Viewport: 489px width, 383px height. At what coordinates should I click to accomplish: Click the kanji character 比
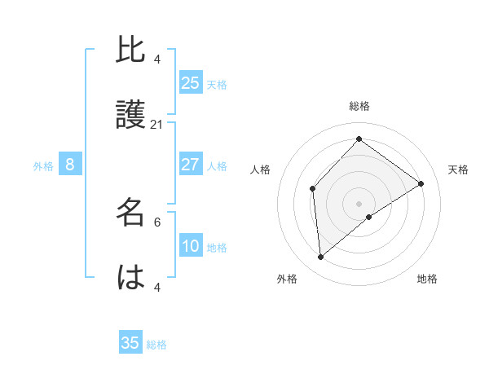click(x=130, y=51)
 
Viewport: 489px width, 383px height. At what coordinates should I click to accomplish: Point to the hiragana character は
click(x=130, y=277)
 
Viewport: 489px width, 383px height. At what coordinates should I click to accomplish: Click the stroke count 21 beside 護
click(x=157, y=125)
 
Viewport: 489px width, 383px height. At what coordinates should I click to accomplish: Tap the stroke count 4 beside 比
click(x=157, y=59)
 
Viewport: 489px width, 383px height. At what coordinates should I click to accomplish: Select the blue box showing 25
click(x=191, y=82)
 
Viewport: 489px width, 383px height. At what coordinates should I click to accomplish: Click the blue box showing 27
click(x=191, y=165)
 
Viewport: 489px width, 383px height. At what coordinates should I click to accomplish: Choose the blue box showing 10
click(x=191, y=246)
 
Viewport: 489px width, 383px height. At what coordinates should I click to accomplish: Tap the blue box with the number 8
click(x=70, y=165)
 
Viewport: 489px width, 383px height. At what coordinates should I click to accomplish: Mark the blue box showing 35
click(x=130, y=343)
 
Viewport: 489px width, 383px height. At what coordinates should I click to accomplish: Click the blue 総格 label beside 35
click(x=156, y=345)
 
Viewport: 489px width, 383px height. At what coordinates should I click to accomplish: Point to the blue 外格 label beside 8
click(x=43, y=166)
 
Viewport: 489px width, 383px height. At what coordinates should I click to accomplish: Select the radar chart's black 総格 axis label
click(x=359, y=106)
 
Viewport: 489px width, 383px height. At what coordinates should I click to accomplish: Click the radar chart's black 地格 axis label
click(x=427, y=280)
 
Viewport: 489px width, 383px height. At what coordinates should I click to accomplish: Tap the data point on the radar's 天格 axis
click(x=421, y=183)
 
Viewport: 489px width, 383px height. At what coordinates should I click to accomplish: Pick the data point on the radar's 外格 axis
click(x=321, y=258)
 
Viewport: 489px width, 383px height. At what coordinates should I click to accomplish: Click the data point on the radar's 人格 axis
click(x=313, y=189)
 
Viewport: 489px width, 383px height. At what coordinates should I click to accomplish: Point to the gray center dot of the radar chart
click(x=359, y=203)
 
